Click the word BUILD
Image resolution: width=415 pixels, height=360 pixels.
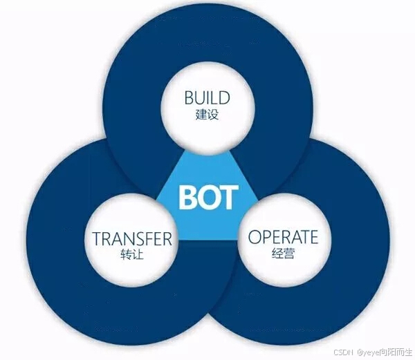tap(207, 97)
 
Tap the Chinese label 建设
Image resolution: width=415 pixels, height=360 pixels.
tap(207, 114)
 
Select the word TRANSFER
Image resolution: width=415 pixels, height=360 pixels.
tap(131, 239)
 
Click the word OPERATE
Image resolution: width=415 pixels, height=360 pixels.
tap(283, 237)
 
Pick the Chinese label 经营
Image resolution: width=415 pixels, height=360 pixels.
tap(283, 254)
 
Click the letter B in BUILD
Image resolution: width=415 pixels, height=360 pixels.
tap(189, 97)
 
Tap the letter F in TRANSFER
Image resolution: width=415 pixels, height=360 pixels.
tap(148, 239)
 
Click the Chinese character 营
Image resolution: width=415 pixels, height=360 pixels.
tap(288, 254)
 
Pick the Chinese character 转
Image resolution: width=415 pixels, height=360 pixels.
tap(125, 255)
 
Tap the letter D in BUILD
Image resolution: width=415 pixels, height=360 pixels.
tap(225, 97)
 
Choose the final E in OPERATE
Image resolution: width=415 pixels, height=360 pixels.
tap(313, 237)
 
